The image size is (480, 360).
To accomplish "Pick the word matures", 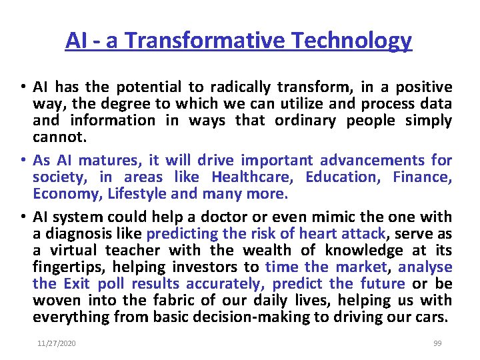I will [104, 161].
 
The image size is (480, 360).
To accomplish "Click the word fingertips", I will [67, 267].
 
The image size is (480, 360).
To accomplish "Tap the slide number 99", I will [437, 343].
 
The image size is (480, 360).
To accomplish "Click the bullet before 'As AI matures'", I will [22, 161].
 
